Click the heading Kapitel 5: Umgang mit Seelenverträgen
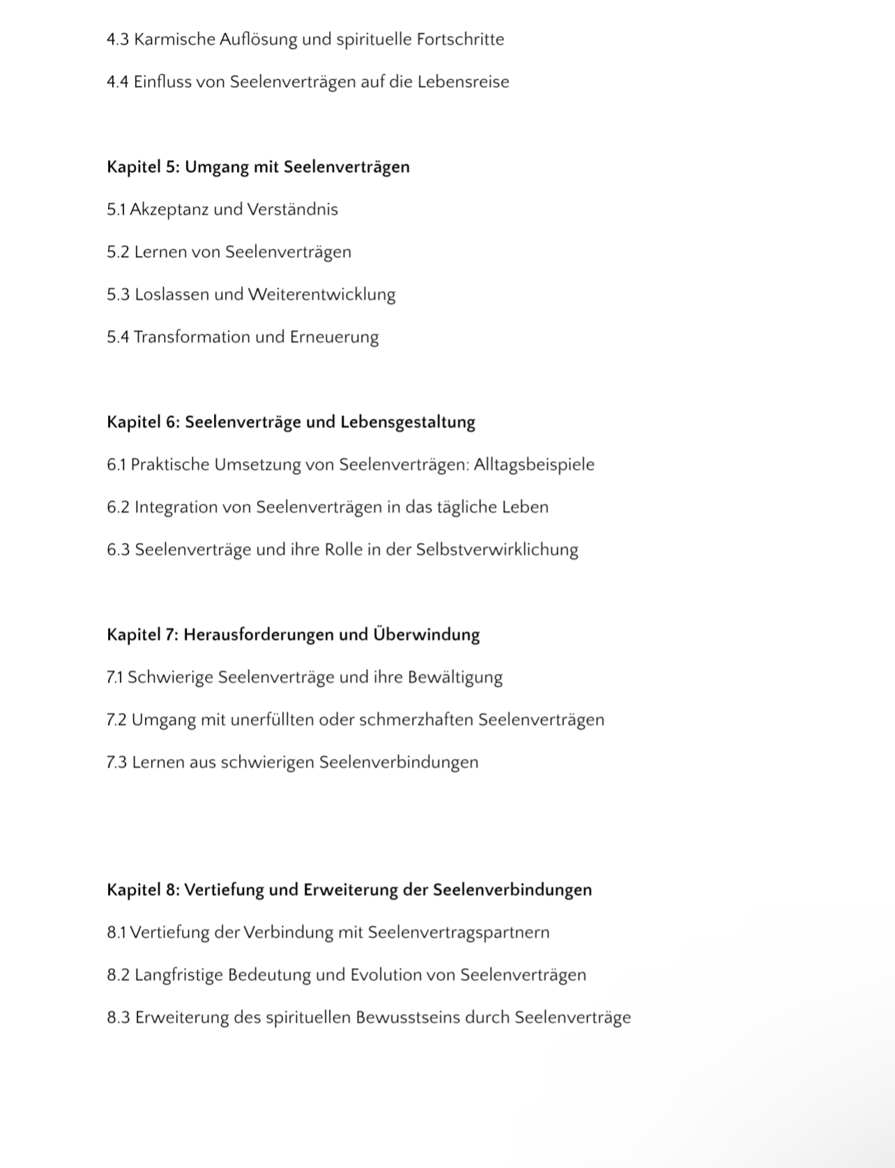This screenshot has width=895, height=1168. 258,167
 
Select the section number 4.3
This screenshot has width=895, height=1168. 118,40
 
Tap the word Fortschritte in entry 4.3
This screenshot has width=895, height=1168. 460,40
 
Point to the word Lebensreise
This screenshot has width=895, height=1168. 463,82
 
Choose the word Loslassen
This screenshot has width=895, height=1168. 171,295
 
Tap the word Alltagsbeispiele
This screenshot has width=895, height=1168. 534,465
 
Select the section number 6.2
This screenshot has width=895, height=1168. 118,507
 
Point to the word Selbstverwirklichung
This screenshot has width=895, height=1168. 497,550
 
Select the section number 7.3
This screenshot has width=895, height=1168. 116,762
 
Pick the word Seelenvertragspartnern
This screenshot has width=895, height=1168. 458,932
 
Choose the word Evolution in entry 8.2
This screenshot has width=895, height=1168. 385,975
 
